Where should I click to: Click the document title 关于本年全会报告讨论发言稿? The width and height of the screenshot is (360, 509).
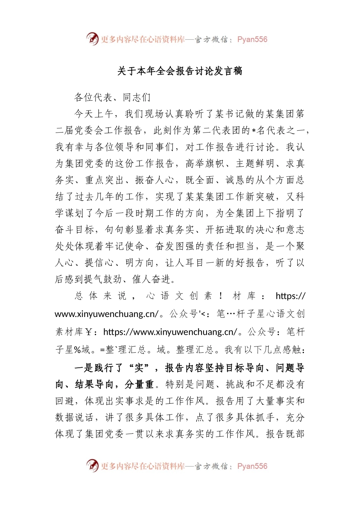(180, 71)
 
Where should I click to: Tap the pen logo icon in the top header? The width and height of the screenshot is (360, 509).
(92, 39)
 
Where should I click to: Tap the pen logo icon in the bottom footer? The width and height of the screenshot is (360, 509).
(92, 465)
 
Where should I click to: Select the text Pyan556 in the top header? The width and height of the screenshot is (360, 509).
(252, 39)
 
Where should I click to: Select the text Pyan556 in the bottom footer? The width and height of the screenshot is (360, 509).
(252, 466)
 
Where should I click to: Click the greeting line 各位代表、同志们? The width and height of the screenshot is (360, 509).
(113, 98)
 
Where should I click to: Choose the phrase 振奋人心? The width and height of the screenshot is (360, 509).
(155, 180)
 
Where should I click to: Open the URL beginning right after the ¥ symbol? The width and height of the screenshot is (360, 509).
(170, 332)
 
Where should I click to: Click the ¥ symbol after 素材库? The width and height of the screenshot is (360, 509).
(89, 332)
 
